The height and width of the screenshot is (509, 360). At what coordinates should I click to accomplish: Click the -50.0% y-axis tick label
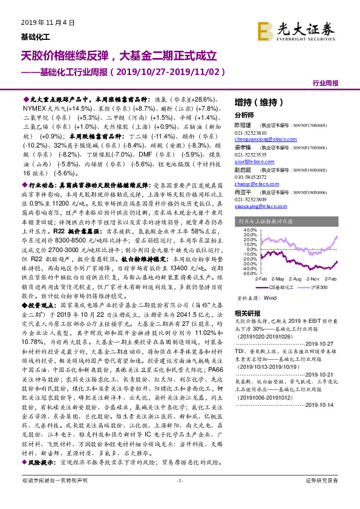point(249,274)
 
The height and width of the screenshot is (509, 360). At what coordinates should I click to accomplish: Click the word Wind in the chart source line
point(270,297)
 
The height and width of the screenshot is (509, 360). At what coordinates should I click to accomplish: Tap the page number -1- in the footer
point(179,497)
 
